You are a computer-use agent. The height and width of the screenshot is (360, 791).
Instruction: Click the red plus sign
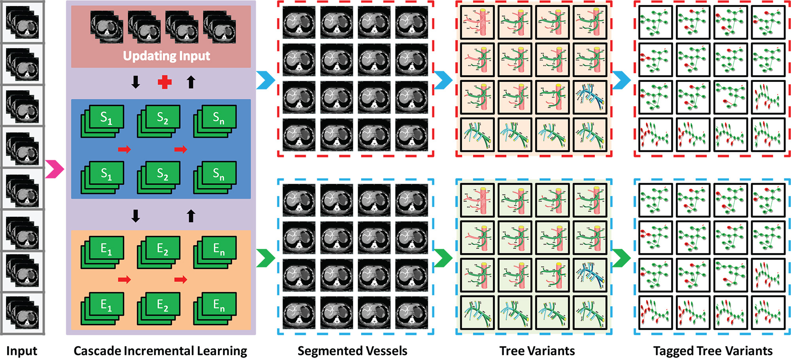(x=165, y=82)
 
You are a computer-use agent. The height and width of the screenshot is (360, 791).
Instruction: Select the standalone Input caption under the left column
(x=22, y=351)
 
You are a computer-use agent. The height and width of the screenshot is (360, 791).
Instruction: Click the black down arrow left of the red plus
(x=136, y=82)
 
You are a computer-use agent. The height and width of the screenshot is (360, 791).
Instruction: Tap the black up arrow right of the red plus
(x=191, y=82)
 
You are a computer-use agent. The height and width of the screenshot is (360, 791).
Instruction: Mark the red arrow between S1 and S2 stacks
(x=124, y=149)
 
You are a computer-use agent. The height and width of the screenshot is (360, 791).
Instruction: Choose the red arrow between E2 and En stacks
(x=181, y=280)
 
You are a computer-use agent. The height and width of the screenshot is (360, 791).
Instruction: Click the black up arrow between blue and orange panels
(x=191, y=216)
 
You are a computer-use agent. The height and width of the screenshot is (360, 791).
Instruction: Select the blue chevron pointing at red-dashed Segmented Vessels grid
(x=265, y=80)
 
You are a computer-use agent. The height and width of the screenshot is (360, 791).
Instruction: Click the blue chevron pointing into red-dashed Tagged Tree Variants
(x=621, y=80)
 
